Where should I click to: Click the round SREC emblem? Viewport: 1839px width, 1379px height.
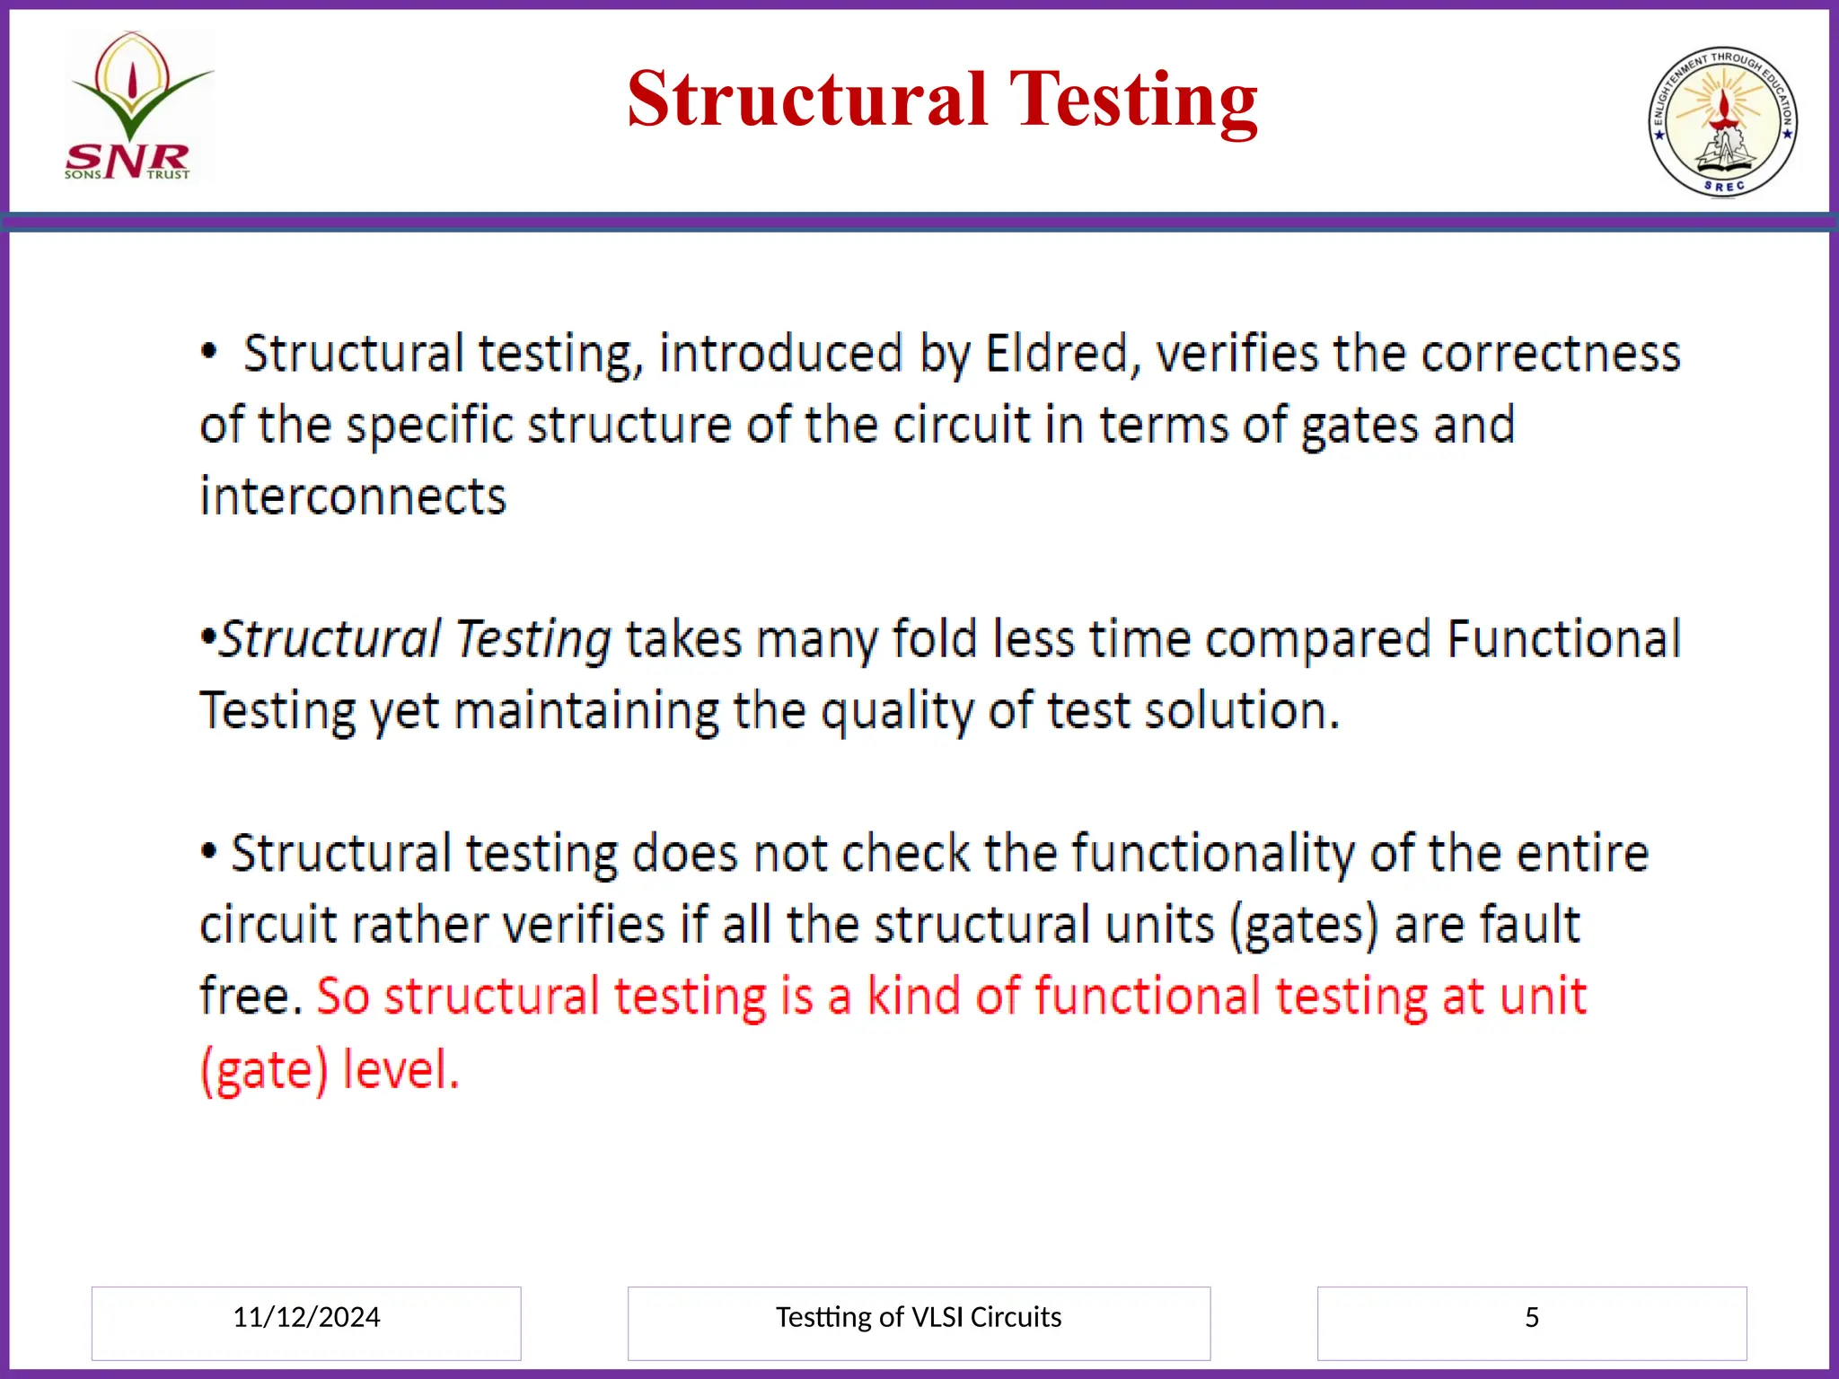click(1722, 122)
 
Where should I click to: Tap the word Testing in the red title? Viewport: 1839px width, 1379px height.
click(1133, 101)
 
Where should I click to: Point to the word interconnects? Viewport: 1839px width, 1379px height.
click(353, 497)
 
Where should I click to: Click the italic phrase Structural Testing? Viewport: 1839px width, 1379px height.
click(416, 639)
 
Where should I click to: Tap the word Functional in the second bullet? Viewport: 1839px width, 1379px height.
click(1563, 639)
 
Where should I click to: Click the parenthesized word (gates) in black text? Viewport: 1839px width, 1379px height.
click(1303, 926)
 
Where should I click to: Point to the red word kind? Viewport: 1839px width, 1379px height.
click(913, 997)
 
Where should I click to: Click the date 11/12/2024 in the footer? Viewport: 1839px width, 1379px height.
click(306, 1317)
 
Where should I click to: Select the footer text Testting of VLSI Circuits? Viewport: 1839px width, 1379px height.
click(918, 1317)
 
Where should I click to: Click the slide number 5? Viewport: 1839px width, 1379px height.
click(1531, 1317)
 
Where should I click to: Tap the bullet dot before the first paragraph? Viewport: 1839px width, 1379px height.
click(209, 352)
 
